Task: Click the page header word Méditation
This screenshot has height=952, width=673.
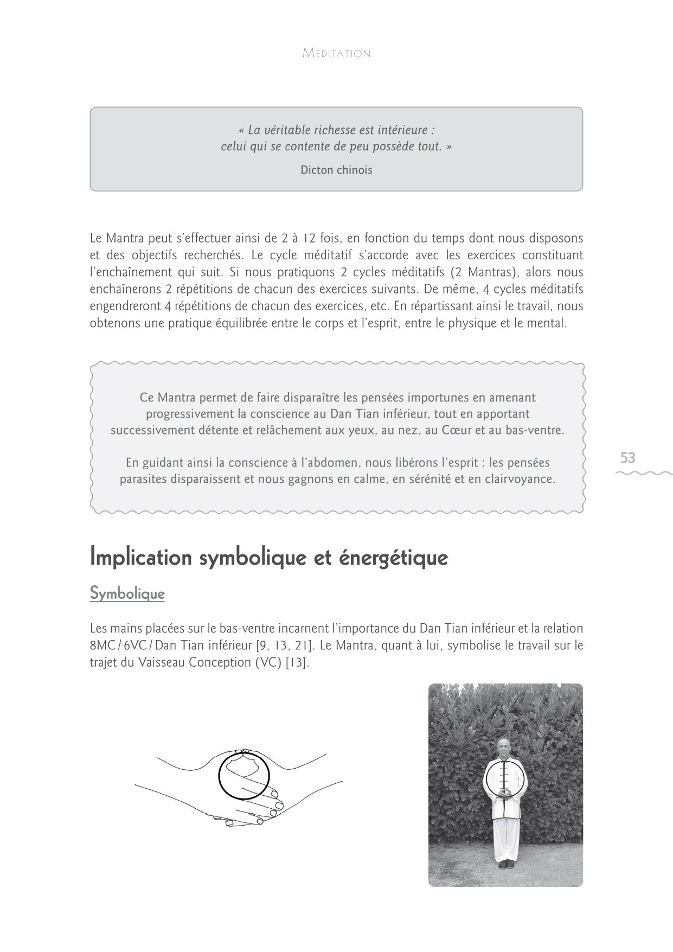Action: tap(336, 54)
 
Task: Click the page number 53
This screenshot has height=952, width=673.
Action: tap(627, 458)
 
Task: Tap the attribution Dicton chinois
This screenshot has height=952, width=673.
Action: tap(336, 170)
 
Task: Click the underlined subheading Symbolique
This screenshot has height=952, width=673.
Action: tap(127, 594)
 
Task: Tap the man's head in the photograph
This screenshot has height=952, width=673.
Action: tap(504, 749)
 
